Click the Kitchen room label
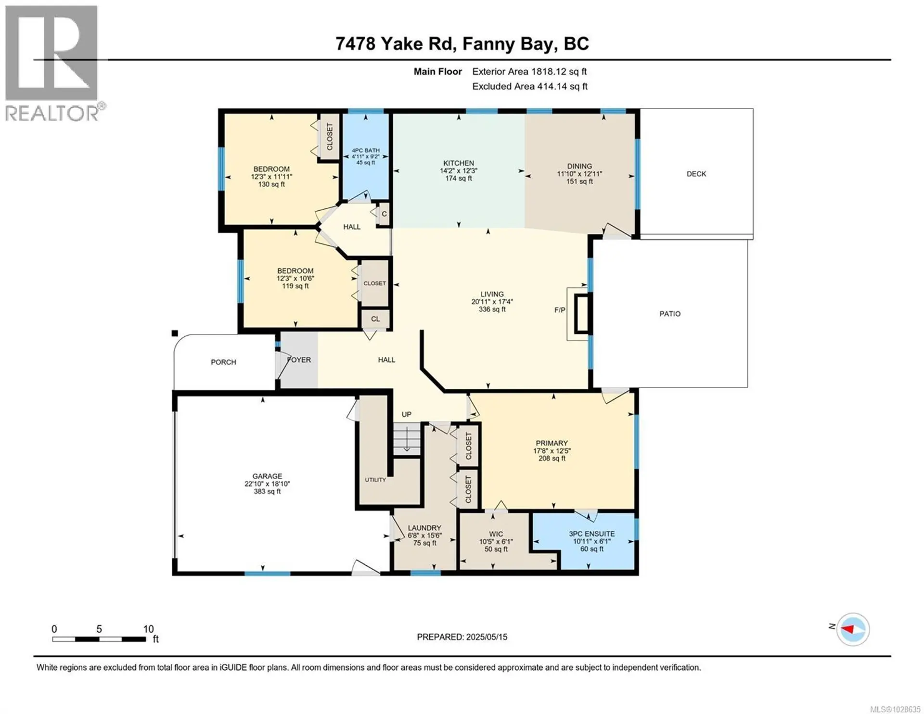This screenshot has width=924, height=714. pos(459,163)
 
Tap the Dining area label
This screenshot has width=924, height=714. pos(579,166)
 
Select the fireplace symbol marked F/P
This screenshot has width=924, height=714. pos(581,313)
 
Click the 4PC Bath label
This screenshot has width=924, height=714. pos(365,151)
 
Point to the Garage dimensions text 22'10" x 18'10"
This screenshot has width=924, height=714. pos(267,484)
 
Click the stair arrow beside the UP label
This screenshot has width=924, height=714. pos(407,440)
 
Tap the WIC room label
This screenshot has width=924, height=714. pos(496,534)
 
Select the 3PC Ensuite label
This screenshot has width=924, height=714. pos(591,534)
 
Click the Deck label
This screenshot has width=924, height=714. pos(696,174)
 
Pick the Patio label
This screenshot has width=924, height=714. pos(669,314)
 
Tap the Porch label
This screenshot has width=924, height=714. pos(223,362)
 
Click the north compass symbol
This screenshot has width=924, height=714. pos(852,629)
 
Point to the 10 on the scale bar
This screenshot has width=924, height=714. pos(148,629)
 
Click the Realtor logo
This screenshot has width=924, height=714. pos(52,63)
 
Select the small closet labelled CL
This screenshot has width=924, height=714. pos(375,319)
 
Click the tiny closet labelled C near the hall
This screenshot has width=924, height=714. pos(384,214)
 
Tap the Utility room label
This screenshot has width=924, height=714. pos(375,480)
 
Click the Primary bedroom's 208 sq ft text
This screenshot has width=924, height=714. pos(552,459)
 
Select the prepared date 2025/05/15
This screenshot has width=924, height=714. pos(486,637)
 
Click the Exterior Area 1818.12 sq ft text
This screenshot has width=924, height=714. pos(529,72)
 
